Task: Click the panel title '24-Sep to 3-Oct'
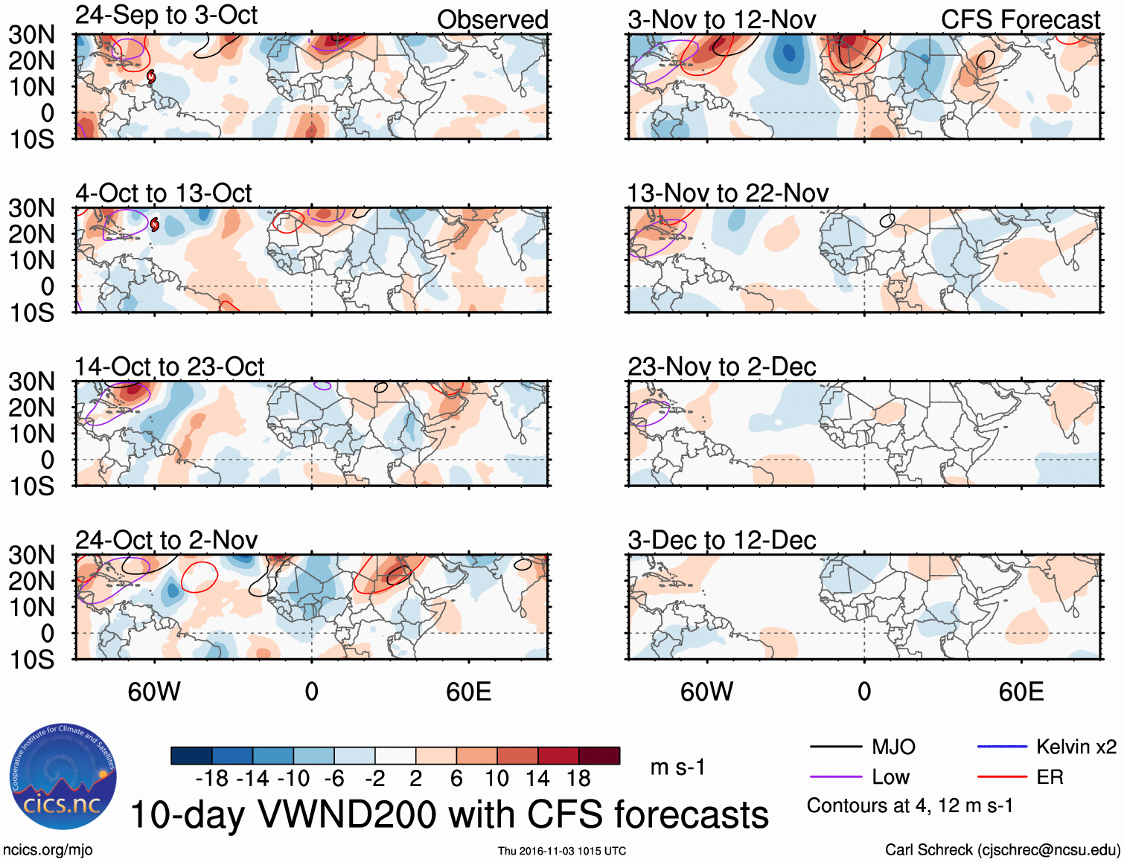[166, 16]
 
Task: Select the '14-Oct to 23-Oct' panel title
[169, 367]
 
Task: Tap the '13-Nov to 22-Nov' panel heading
[727, 193]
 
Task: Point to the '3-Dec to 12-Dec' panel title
[721, 540]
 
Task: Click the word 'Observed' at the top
[492, 20]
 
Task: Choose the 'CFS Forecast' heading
[1020, 20]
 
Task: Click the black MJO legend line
[836, 747]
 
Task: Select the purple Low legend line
[836, 777]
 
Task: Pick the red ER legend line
[1002, 777]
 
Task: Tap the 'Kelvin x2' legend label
[1076, 747]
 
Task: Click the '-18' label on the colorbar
[211, 779]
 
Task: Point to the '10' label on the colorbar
[496, 779]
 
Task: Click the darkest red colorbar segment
[599, 756]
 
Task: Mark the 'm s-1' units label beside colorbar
[677, 767]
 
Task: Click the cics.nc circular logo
[63, 777]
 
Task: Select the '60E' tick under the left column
[468, 692]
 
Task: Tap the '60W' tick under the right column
[706, 692]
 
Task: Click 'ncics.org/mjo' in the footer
[48, 850]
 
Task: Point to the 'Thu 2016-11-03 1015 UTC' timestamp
[562, 851]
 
